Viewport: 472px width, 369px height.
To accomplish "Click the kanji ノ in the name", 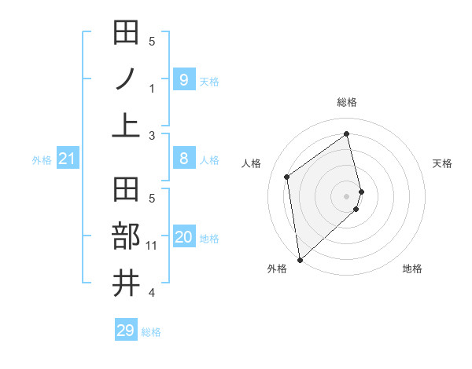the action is [127, 79].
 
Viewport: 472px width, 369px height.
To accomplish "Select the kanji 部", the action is [127, 237].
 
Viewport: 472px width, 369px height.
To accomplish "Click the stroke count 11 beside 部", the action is [152, 247].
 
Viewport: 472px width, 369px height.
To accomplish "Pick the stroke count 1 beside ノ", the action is [152, 89].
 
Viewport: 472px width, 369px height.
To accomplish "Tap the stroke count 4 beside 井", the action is [152, 293].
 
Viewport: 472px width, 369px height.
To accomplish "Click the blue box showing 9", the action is [183, 79].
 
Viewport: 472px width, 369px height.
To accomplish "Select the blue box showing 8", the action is [183, 159].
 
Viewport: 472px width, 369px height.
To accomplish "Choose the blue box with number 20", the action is [183, 237].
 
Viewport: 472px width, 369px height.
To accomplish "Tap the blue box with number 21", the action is [67, 159].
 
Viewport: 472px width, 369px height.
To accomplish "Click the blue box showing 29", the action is [125, 330].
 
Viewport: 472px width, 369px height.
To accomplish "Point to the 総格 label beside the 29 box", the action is [151, 332].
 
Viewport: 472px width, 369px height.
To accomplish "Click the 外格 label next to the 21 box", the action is [42, 160].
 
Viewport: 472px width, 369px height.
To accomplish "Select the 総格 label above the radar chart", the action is [347, 102].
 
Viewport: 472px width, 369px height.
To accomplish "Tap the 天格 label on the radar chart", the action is [442, 163].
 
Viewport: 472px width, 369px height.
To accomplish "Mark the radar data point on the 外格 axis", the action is [300, 259].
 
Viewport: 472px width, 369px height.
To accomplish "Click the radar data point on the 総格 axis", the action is [347, 133].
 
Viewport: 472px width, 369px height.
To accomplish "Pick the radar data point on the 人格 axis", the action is [287, 177].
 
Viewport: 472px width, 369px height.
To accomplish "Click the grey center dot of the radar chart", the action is [347, 195].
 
